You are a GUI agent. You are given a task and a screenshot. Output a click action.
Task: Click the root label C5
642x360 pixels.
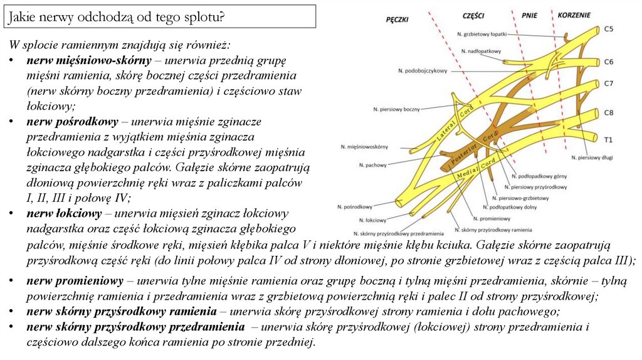coord(608,29)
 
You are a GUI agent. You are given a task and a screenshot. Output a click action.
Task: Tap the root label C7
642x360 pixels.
coord(608,83)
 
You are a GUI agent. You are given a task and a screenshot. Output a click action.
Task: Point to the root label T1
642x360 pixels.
coord(608,138)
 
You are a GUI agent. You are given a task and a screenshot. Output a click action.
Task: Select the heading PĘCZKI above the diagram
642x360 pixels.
coord(397,19)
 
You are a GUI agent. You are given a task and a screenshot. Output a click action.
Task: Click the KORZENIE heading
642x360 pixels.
coord(572,14)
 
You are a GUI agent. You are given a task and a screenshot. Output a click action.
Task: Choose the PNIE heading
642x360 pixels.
coord(529,14)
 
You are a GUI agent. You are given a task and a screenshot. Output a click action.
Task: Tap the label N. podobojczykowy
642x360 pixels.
coord(422,71)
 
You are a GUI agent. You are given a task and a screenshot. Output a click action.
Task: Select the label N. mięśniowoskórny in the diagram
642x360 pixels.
coord(364,146)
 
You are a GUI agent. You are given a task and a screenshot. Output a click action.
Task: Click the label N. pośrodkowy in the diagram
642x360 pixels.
coord(355,206)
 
